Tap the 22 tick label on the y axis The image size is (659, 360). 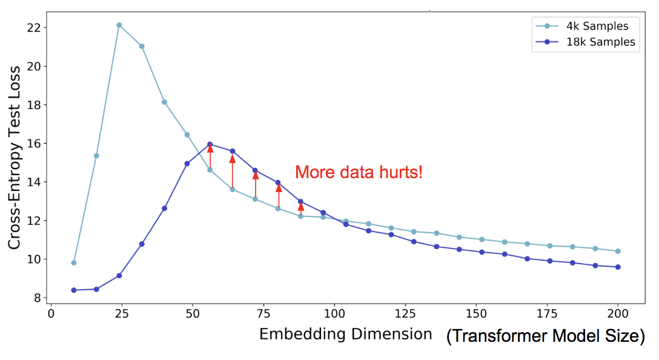(x=33, y=28)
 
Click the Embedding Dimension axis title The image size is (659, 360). (x=345, y=334)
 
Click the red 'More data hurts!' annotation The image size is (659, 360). (x=359, y=173)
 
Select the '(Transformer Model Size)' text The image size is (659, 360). (x=545, y=336)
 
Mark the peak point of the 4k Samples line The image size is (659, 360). (x=119, y=25)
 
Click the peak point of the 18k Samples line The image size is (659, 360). (x=210, y=144)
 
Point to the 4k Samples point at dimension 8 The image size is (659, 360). (x=74, y=262)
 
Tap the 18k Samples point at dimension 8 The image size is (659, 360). (x=74, y=290)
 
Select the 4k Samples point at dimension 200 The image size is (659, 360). (x=618, y=251)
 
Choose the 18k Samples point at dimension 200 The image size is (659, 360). (x=618, y=267)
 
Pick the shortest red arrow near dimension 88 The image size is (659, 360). (x=301, y=208)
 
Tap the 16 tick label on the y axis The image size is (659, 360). (x=33, y=144)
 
